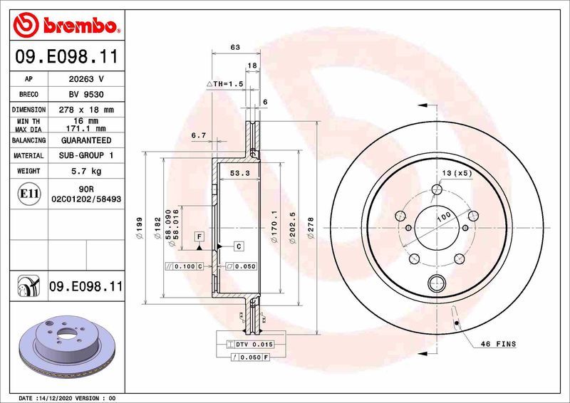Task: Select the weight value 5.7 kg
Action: click(x=85, y=171)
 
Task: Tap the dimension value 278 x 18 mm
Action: click(x=85, y=110)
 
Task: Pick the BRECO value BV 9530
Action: click(x=85, y=95)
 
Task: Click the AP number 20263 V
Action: click(x=85, y=79)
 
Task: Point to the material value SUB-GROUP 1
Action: click(x=85, y=155)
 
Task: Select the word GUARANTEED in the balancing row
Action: click(x=85, y=140)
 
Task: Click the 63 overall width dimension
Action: click(x=234, y=47)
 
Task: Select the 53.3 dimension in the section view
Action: click(x=239, y=173)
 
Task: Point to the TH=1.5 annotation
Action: click(x=226, y=84)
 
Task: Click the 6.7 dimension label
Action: click(x=198, y=135)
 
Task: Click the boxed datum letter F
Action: click(x=200, y=236)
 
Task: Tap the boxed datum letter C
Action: click(x=239, y=246)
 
